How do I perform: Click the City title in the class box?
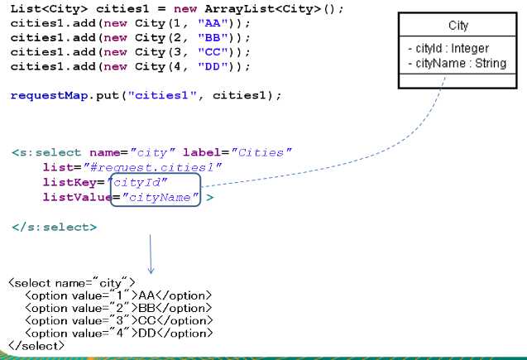[458, 26]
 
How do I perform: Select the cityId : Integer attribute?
[448, 49]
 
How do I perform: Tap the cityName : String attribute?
[457, 63]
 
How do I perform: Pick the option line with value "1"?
[118, 295]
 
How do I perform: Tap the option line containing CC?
[118, 320]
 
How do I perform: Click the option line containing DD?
[118, 333]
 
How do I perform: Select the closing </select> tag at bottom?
[36, 345]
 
